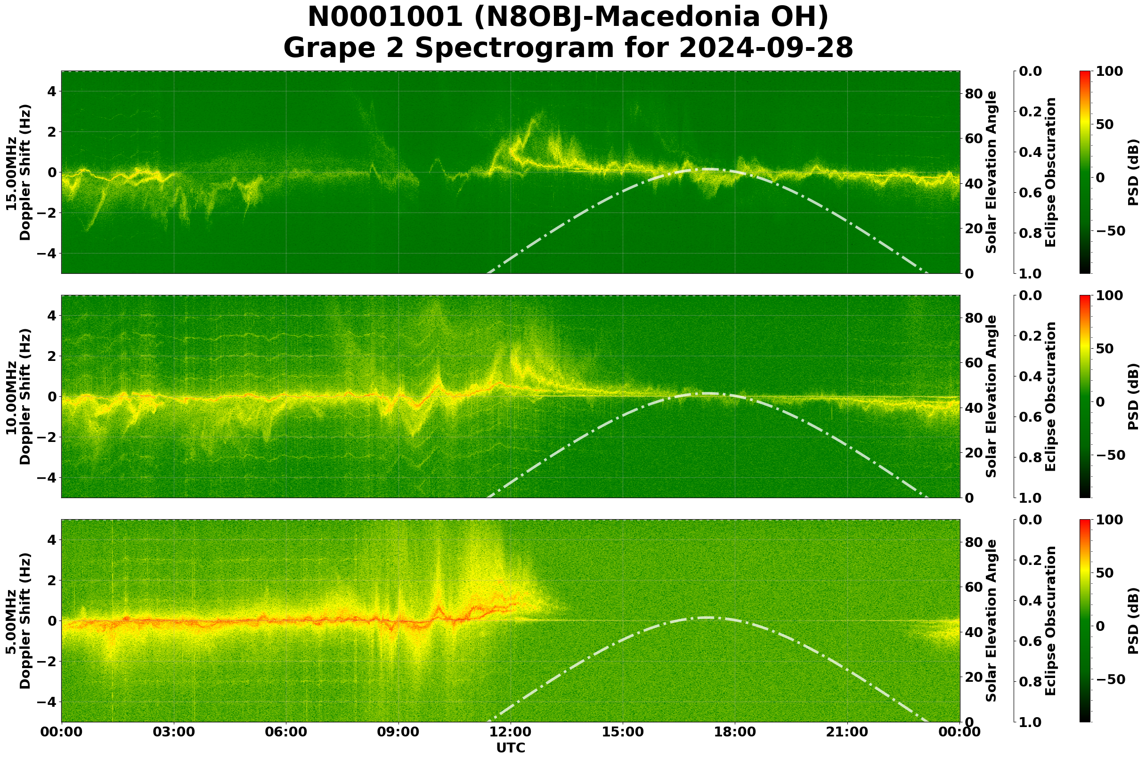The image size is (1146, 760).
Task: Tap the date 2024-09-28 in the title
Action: [766, 49]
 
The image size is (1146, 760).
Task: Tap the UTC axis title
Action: [510, 748]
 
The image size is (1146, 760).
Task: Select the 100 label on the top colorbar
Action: [1109, 71]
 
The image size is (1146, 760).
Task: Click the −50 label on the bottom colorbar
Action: [1109, 679]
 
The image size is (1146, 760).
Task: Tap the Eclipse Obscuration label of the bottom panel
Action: [1050, 621]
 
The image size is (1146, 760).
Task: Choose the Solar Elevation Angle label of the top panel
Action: [992, 172]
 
